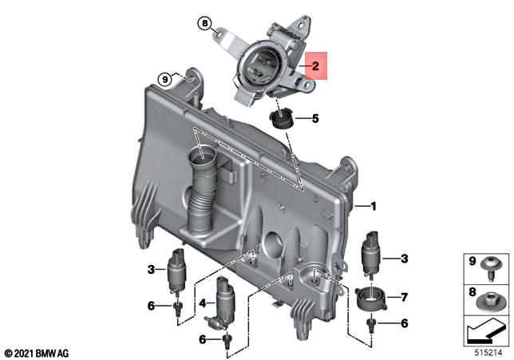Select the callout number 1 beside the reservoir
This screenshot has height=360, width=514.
click(371, 206)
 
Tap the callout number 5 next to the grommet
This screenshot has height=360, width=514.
click(315, 119)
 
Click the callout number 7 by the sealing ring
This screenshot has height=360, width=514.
click(404, 298)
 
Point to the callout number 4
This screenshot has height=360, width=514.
click(203, 303)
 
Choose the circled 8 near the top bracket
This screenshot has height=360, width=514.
click(204, 24)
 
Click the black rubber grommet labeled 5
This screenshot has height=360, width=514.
click(282, 120)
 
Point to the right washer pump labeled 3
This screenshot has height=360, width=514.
click(372, 255)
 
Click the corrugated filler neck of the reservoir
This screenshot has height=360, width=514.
click(201, 192)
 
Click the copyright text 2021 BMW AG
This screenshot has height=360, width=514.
click(37, 352)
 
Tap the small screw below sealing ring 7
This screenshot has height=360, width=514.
click(371, 324)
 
